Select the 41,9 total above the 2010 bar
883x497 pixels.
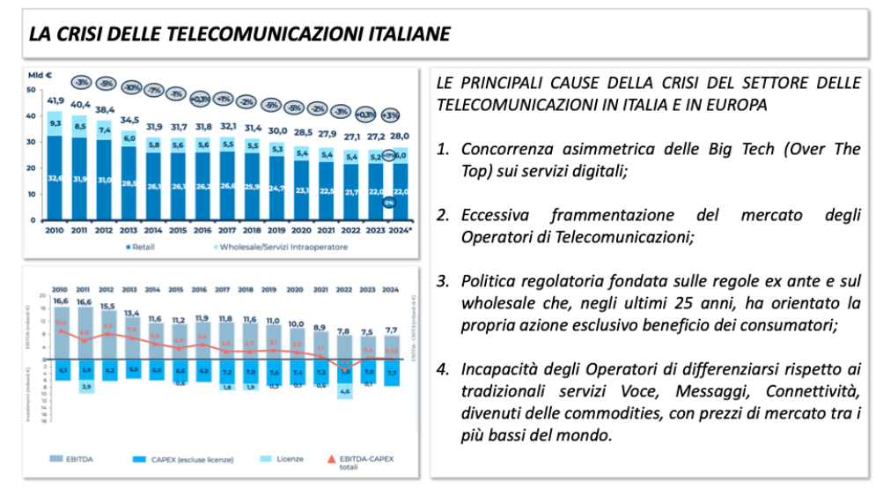click(x=55, y=100)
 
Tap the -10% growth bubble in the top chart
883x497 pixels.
click(x=131, y=87)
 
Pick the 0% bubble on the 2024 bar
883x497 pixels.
click(x=388, y=204)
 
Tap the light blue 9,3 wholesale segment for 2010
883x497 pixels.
click(x=55, y=122)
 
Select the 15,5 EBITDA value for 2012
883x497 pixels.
click(x=107, y=306)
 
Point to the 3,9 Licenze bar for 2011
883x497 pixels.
click(x=85, y=386)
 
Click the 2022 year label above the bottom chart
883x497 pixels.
click(x=344, y=289)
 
